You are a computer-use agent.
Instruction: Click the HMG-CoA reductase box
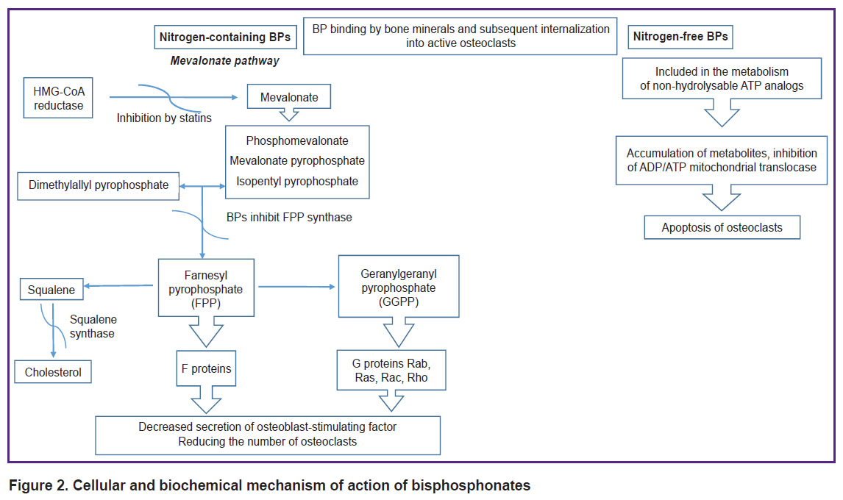coord(58,98)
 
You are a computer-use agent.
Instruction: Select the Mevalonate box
coord(288,97)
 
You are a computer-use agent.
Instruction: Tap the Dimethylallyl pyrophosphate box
coord(98,185)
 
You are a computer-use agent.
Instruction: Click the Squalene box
coord(51,290)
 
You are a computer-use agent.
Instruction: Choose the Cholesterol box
coord(53,372)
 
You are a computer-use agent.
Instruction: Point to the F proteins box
coord(207,368)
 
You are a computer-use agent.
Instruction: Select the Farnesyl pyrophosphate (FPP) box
coord(206,288)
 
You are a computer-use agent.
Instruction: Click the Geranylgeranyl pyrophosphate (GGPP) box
coord(399,287)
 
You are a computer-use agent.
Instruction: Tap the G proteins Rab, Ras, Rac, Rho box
coord(391,371)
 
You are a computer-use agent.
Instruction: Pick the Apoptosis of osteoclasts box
coord(722,227)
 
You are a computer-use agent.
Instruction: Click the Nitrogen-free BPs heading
coord(680,37)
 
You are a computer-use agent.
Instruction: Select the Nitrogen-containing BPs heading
coord(225,37)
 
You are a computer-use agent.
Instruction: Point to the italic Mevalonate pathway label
coord(225,61)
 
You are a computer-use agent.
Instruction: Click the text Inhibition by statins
coord(164,118)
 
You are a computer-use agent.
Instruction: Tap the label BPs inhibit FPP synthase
coord(289,217)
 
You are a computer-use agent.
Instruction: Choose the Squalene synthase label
coord(93,326)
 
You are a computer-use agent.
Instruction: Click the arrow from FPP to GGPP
coord(296,287)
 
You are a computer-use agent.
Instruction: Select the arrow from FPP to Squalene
coord(118,285)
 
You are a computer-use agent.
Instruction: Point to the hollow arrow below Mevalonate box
coord(288,115)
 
